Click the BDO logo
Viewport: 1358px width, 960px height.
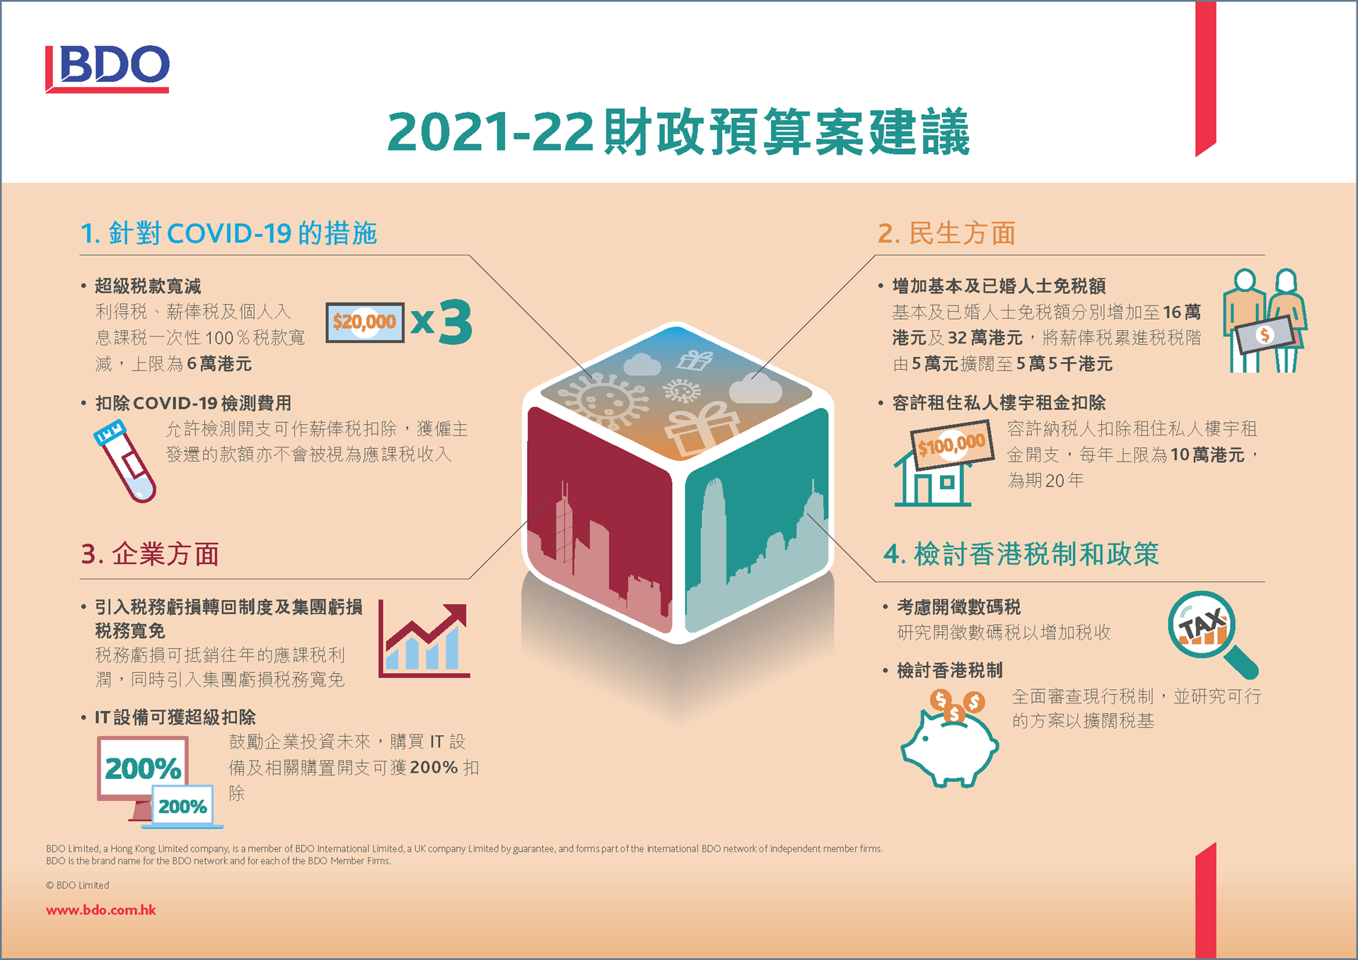click(x=108, y=69)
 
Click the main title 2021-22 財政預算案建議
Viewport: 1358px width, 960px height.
click(x=678, y=131)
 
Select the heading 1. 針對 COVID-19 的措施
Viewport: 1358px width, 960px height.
click(x=228, y=233)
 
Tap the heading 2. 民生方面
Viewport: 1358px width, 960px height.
click(x=946, y=233)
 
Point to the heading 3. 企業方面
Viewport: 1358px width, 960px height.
click(x=150, y=554)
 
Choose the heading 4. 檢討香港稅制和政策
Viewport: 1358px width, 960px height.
click(x=1021, y=554)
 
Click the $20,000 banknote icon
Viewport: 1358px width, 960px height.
click(x=365, y=322)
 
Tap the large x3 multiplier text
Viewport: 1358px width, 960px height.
click(x=441, y=322)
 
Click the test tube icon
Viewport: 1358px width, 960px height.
click(x=124, y=461)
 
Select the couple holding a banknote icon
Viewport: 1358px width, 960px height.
click(x=1265, y=320)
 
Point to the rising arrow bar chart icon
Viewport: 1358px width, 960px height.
click(x=424, y=639)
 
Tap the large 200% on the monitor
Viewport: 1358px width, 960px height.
click(x=143, y=768)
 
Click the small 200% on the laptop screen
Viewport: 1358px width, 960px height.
click(x=182, y=807)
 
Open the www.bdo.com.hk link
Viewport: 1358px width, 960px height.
click(x=101, y=910)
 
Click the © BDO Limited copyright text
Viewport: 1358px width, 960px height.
click(x=78, y=885)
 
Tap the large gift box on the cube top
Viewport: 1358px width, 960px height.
click(x=702, y=428)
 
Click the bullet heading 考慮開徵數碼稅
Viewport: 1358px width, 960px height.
click(x=958, y=607)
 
